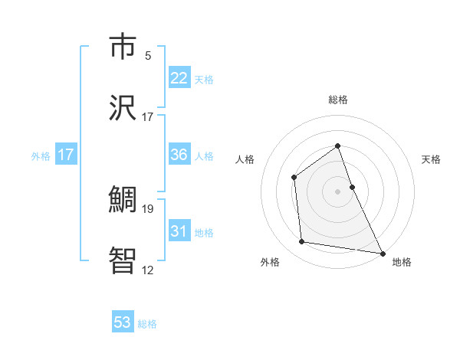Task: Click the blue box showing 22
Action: [179, 77]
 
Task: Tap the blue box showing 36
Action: [179, 155]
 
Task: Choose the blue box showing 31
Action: [179, 231]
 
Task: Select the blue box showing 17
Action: [66, 155]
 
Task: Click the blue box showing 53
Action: [123, 322]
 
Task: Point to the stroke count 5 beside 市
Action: [148, 56]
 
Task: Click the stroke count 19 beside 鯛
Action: [148, 208]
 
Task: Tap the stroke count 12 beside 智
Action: [148, 270]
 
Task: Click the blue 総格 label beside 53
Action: [147, 324]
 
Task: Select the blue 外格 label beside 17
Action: [41, 156]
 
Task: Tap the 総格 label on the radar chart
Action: [338, 100]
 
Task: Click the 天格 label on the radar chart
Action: [432, 159]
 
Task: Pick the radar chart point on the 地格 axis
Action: [383, 253]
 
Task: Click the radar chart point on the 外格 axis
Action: [302, 242]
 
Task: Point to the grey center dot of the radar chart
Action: [338, 191]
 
